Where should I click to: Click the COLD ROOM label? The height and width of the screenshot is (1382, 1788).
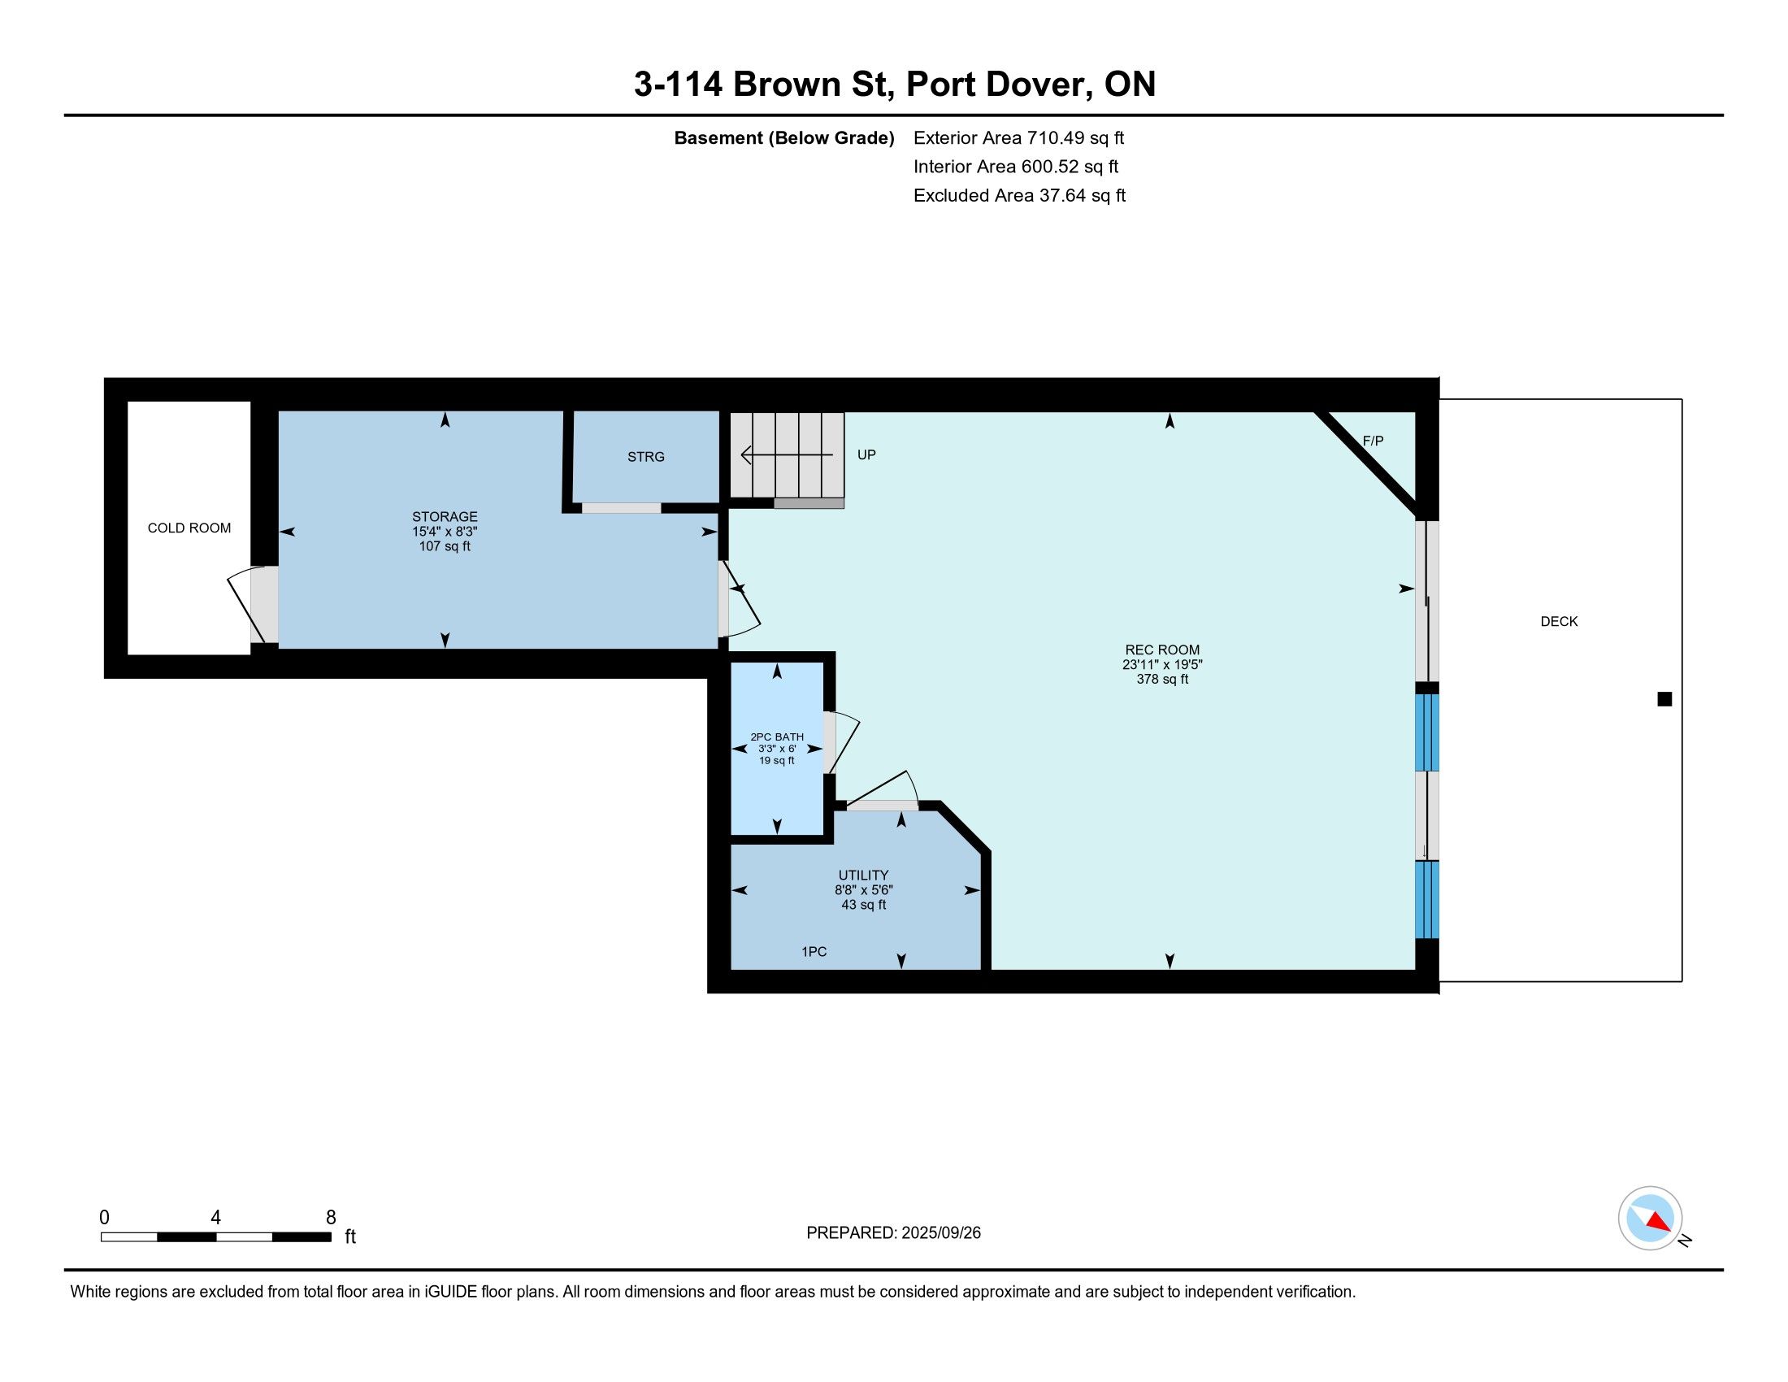point(189,528)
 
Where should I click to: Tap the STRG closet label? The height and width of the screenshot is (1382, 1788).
point(646,457)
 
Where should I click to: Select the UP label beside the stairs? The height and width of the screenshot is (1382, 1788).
point(866,454)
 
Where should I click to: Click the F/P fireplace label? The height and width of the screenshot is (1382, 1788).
point(1373,441)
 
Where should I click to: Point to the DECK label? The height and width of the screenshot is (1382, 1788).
point(1559,621)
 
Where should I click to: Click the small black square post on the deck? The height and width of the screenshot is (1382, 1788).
point(1664,699)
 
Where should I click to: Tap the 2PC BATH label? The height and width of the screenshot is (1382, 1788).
point(777,737)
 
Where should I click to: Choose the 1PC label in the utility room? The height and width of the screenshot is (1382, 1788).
point(814,951)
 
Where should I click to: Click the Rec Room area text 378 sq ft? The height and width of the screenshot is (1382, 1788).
point(1161,679)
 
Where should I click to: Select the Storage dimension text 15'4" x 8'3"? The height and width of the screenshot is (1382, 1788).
point(445,532)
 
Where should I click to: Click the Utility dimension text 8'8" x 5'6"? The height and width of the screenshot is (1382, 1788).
point(864,890)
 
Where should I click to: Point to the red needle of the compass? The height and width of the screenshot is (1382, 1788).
point(1658,1222)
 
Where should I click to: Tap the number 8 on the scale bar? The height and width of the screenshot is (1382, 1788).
point(331,1218)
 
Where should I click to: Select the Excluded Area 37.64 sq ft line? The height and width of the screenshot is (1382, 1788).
point(1019,196)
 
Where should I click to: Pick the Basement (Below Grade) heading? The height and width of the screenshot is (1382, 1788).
point(783,138)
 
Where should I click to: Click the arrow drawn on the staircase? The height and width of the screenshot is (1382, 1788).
point(787,454)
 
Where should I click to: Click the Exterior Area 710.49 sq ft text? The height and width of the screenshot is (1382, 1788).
point(1018,138)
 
